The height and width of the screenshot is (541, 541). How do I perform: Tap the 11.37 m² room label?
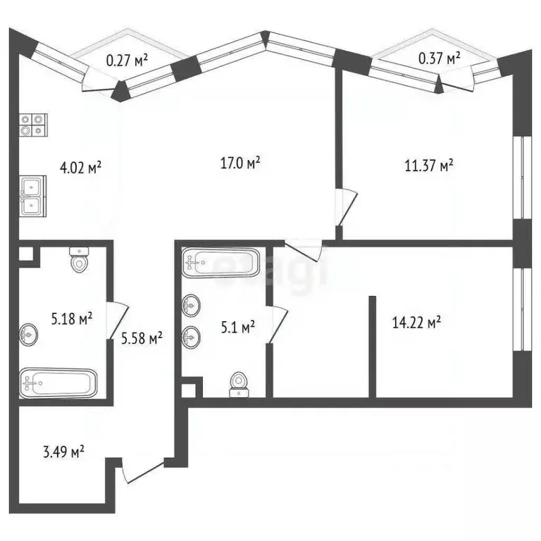click(x=428, y=166)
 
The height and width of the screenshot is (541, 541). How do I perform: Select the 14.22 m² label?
click(x=416, y=323)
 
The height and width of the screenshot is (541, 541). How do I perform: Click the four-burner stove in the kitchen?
click(x=32, y=125)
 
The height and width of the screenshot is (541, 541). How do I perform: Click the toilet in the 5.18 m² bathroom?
click(x=79, y=261)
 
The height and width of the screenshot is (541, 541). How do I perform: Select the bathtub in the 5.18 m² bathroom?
click(x=56, y=383)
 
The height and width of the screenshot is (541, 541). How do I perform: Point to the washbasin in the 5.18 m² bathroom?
click(x=29, y=335)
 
